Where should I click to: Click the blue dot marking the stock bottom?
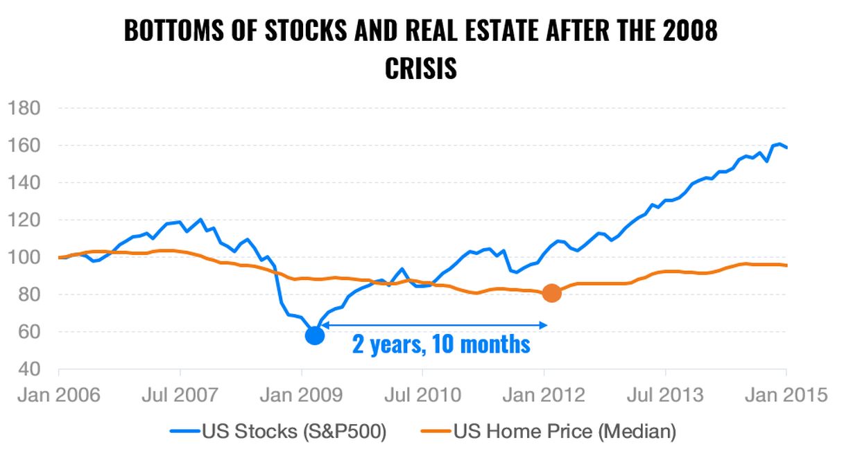(314, 335)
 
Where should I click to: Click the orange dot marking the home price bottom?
(551, 293)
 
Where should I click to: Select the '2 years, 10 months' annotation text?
(441, 344)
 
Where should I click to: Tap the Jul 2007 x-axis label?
(180, 396)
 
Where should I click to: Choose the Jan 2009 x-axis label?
(301, 396)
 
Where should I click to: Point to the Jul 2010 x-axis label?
(422, 396)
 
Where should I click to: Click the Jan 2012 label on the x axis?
(544, 396)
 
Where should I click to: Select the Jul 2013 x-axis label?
(665, 396)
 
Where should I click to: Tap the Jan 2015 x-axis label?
(785, 396)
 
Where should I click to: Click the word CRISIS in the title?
(421, 69)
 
